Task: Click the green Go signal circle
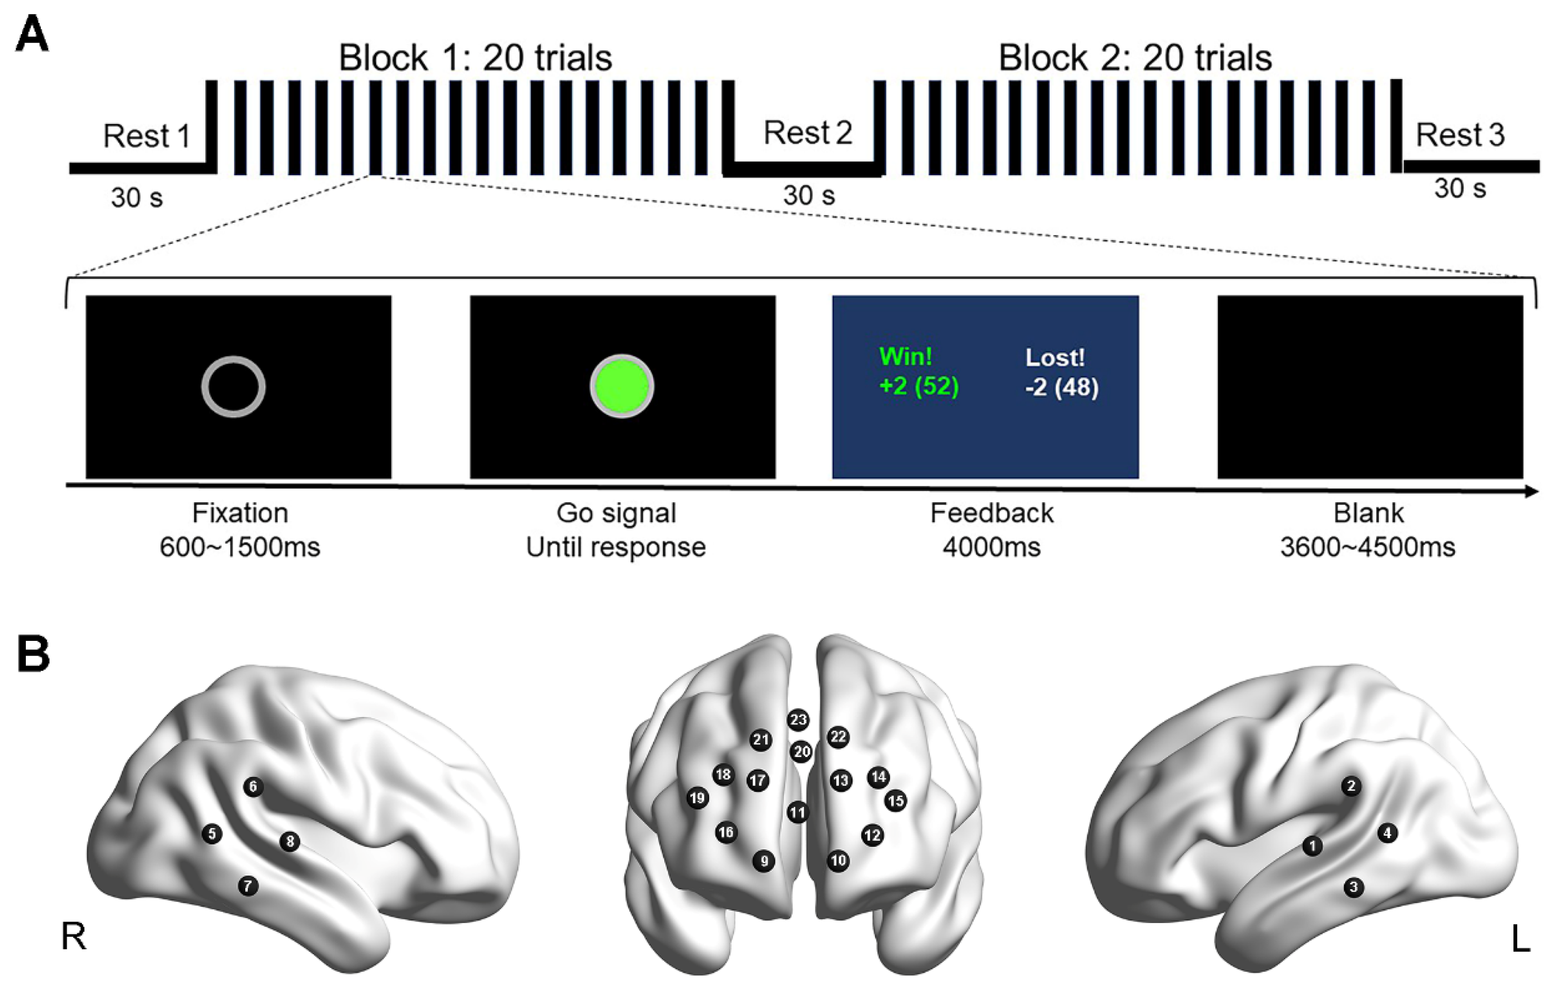(x=621, y=387)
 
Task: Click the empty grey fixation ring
(x=234, y=387)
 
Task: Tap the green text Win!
(x=905, y=356)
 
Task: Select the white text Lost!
(x=1054, y=357)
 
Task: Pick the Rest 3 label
(x=1460, y=135)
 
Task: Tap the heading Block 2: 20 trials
(x=1135, y=58)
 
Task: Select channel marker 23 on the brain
(x=798, y=719)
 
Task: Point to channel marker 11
(x=797, y=812)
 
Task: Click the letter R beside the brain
(x=73, y=937)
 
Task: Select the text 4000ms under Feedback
(x=991, y=547)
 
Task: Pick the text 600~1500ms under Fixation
(x=239, y=547)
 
